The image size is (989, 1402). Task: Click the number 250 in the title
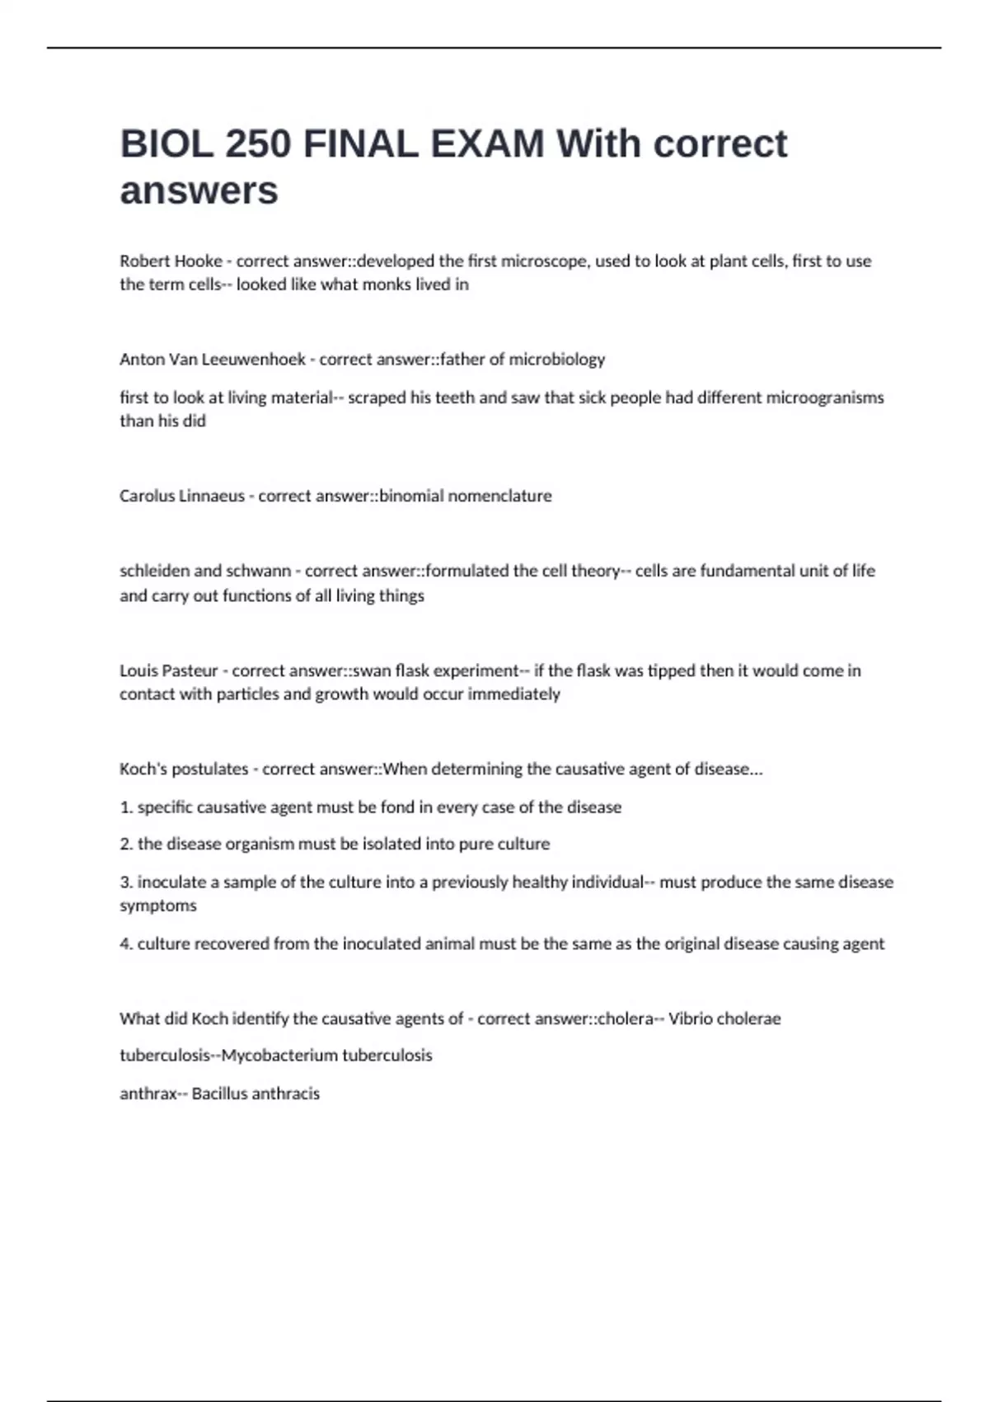click(x=257, y=144)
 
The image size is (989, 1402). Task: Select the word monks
click(x=384, y=285)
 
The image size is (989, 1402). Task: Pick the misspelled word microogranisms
click(x=825, y=398)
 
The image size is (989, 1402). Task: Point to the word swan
click(x=372, y=670)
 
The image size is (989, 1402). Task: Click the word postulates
click(x=209, y=769)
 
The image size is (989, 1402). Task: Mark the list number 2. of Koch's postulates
click(x=126, y=844)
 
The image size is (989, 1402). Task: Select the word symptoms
click(x=158, y=906)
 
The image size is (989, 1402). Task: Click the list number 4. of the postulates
click(x=126, y=944)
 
